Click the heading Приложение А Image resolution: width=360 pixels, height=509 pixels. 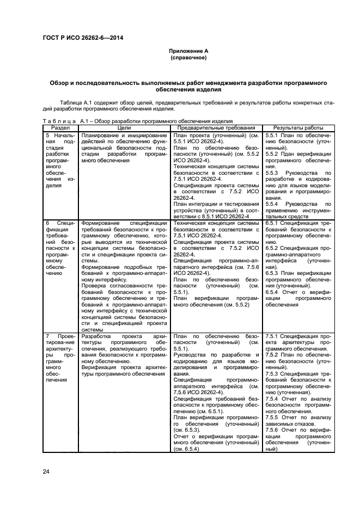(188, 51)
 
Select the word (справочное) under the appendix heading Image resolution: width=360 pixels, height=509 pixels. (188, 57)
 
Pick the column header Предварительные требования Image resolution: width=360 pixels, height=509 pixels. (216, 126)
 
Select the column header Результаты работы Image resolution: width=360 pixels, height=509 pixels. (298, 126)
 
